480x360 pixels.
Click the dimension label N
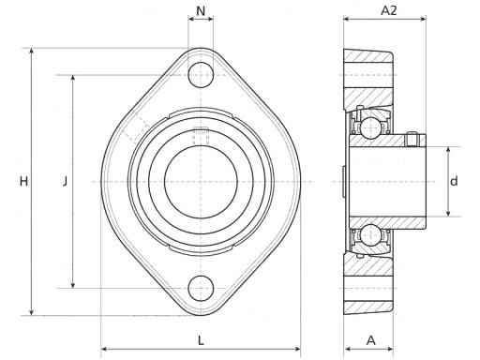201,11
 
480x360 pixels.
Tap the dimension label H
23,181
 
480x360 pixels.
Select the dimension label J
65,181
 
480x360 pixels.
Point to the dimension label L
201,340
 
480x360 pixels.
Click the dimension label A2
388,10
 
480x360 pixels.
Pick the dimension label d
454,181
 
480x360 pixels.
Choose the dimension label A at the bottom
370,340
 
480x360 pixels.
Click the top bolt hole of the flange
201,75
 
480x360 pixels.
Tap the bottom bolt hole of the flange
201,288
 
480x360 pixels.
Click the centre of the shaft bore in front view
201,182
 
